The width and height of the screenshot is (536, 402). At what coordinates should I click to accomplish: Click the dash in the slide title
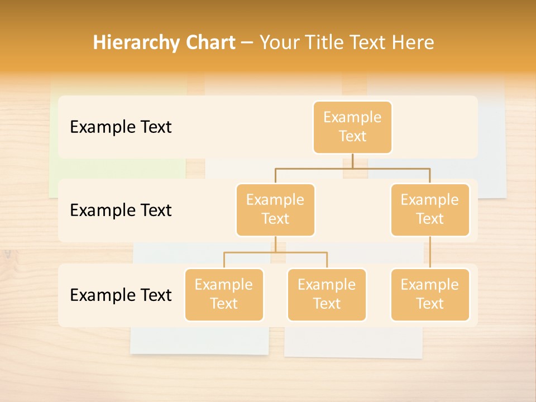(x=247, y=43)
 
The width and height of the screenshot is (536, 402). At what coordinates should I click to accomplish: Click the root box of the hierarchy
(x=352, y=127)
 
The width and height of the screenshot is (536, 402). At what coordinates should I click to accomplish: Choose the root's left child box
(x=275, y=210)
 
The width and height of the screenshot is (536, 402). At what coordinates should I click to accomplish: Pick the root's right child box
(x=430, y=210)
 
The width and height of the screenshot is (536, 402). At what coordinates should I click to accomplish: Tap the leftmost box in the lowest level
(x=224, y=295)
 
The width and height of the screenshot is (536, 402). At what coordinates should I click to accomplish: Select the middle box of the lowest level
(x=327, y=295)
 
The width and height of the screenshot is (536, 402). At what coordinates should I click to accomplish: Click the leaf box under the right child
(x=430, y=295)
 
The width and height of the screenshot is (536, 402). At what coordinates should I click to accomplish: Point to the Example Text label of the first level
(x=121, y=127)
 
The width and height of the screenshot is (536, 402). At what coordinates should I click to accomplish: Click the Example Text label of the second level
(x=121, y=210)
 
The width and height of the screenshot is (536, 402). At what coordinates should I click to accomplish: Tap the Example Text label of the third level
(x=121, y=295)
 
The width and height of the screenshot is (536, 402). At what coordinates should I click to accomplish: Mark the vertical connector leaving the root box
(x=352, y=161)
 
